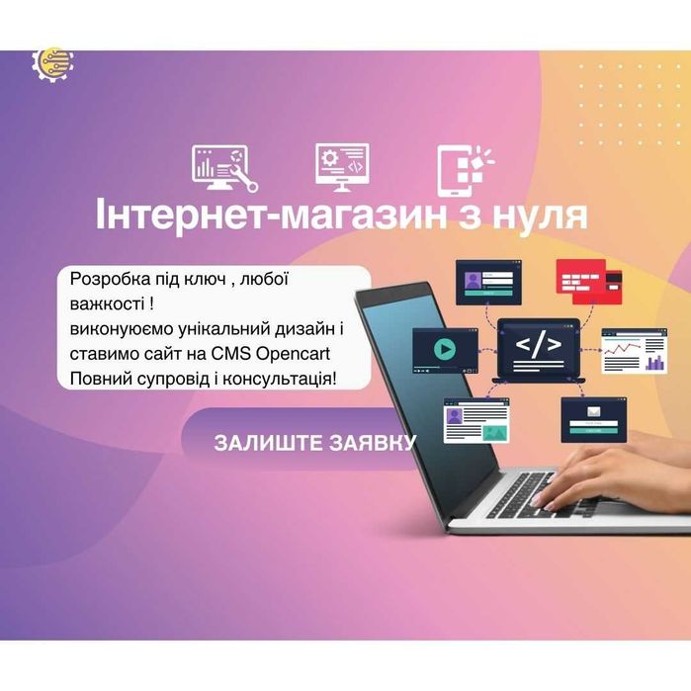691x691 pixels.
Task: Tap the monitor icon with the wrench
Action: [x=224, y=168]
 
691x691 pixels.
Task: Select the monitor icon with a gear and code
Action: [x=342, y=167]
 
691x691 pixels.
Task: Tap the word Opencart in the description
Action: [x=299, y=354]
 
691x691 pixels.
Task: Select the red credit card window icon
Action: [x=588, y=281]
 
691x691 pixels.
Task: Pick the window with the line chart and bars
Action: [x=635, y=353]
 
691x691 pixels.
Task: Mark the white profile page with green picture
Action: [x=475, y=420]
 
